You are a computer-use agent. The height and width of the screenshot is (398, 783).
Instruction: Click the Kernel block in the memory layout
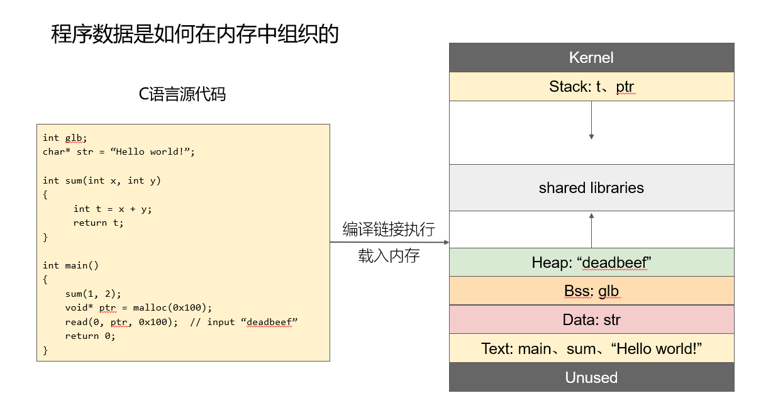tap(591, 58)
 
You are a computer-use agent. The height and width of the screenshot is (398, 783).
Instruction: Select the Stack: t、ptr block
tap(591, 87)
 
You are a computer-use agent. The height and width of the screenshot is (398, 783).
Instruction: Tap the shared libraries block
tap(591, 187)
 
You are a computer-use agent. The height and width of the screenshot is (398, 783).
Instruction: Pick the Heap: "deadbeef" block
tap(591, 262)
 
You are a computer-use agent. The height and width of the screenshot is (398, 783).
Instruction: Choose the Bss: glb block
tap(591, 290)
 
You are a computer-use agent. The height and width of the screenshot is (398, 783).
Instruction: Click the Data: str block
tap(591, 319)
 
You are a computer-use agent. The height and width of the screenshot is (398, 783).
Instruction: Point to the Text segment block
tap(591, 348)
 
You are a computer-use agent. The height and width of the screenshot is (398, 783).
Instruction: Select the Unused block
tap(591, 377)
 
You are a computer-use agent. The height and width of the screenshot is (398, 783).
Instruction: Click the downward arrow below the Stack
tap(591, 121)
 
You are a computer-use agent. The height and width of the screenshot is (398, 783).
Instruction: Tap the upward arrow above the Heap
tap(591, 231)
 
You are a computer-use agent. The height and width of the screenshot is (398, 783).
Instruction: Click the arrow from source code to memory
tap(389, 242)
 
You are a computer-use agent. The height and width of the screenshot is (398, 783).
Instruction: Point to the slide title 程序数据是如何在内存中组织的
tap(195, 34)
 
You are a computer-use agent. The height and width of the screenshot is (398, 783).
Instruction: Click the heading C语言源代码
tap(182, 94)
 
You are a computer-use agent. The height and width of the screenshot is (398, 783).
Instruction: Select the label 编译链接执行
tap(389, 229)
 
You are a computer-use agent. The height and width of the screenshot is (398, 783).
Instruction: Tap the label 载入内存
tap(389, 256)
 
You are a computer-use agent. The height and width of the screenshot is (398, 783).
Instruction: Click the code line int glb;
tap(65, 138)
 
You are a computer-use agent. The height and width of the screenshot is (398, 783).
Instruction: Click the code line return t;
tap(98, 223)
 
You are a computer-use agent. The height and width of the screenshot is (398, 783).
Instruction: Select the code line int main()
tap(70, 265)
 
